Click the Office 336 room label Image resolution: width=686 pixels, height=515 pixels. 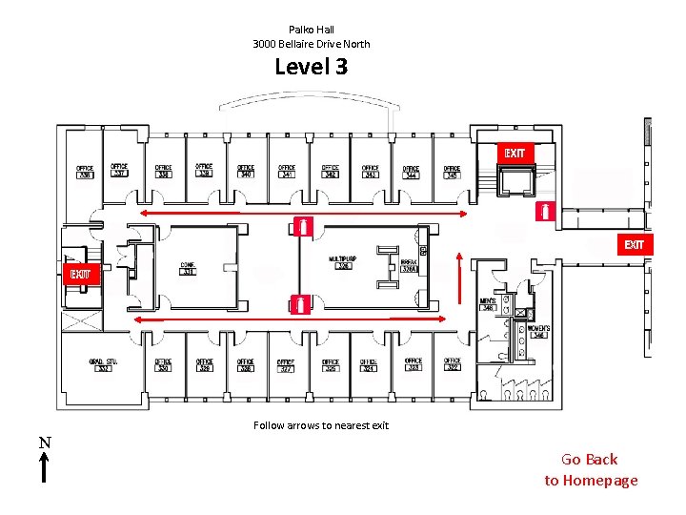[x=85, y=173]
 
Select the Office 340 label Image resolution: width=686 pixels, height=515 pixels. [x=246, y=172]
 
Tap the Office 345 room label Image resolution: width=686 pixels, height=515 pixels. [x=452, y=172]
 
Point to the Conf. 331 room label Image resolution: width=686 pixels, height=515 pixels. [x=188, y=268]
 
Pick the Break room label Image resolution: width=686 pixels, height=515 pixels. [x=410, y=266]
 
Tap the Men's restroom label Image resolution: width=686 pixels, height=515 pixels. [x=488, y=304]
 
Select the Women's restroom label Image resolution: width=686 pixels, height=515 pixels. [x=538, y=331]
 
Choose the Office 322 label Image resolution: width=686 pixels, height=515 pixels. [x=452, y=364]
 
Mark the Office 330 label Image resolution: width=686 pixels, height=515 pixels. [x=163, y=365]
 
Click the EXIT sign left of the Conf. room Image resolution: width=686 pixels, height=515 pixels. [x=80, y=275]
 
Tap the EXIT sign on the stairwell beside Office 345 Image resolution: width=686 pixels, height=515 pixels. [x=514, y=154]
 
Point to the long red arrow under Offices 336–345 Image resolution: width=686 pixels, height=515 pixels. [x=304, y=214]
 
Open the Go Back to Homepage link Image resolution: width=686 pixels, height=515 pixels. [x=591, y=470]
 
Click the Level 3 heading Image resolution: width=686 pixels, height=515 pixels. [x=312, y=67]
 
